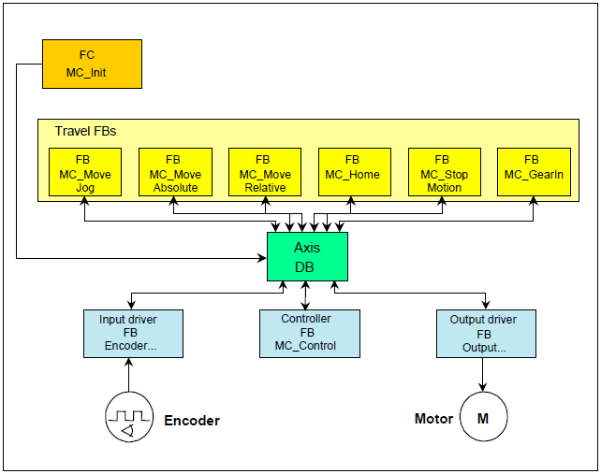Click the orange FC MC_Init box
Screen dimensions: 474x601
click(92, 64)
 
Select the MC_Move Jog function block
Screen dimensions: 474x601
click(84, 173)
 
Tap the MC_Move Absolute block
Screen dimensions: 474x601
click(174, 173)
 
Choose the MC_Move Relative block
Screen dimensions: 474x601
click(264, 173)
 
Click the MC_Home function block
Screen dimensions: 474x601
click(352, 173)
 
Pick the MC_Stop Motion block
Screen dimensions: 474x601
click(443, 173)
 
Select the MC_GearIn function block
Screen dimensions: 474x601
click(532, 173)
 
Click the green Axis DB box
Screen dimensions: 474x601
click(307, 256)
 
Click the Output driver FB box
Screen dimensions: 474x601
click(485, 333)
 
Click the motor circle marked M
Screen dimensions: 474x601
click(483, 418)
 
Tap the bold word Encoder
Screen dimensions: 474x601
click(192, 421)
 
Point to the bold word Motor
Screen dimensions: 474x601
click(433, 419)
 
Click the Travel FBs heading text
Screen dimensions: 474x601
click(85, 132)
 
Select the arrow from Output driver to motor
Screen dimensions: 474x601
click(483, 375)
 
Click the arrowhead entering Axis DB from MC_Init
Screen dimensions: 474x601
click(261, 257)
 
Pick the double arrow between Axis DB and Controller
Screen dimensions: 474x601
click(306, 294)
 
